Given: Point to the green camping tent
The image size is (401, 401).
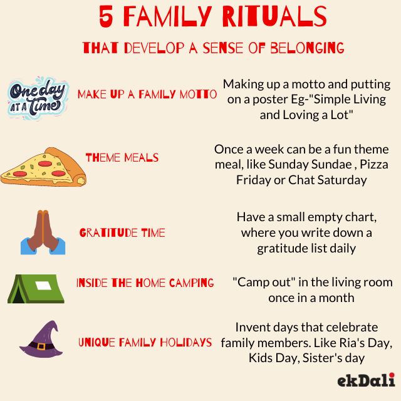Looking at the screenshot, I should point(36,288).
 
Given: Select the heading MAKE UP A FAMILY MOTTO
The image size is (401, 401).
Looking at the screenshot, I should point(147,95).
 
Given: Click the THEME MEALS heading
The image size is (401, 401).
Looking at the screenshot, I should point(122,158).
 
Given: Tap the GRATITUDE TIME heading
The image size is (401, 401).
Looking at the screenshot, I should point(122,233).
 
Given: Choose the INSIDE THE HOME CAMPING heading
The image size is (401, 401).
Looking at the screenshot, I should point(145,283).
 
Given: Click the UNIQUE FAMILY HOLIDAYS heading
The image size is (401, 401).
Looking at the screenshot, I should point(145,343).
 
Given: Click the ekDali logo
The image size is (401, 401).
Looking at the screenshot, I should point(366,380).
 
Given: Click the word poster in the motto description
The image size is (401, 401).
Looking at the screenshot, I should point(271,100).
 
